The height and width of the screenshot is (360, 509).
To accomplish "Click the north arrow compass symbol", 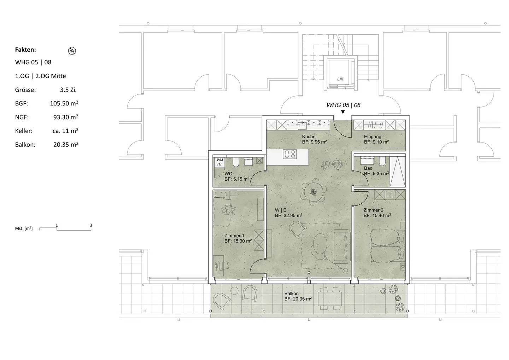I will [x=72, y=51].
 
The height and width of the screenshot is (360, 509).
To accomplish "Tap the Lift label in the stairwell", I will [x=340, y=79].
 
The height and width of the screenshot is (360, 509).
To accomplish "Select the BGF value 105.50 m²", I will [x=64, y=104].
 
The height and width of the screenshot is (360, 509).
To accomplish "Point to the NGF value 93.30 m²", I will [x=66, y=117].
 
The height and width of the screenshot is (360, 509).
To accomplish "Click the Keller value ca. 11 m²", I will [x=65, y=131].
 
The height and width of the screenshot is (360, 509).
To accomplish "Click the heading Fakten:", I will [x=25, y=50].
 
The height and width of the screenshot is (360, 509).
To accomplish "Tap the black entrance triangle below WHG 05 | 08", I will [x=343, y=112].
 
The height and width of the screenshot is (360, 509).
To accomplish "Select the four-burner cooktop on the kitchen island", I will [x=291, y=154].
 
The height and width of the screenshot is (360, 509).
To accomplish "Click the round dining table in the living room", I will [x=313, y=192].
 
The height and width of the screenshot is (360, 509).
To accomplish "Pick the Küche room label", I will [x=309, y=137].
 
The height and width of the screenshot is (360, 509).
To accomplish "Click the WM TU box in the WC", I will [x=220, y=162].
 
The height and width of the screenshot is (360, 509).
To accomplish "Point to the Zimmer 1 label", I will [x=234, y=236].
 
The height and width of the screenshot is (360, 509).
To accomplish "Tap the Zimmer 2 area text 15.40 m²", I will [x=377, y=215].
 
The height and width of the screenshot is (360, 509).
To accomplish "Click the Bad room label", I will [x=368, y=168].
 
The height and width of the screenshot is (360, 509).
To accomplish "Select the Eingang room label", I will [x=373, y=137].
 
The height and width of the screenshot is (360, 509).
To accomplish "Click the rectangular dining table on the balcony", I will [x=330, y=297].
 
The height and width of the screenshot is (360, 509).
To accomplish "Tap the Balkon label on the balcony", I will [x=292, y=294].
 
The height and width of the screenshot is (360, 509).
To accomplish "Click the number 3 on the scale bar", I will [x=91, y=225].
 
